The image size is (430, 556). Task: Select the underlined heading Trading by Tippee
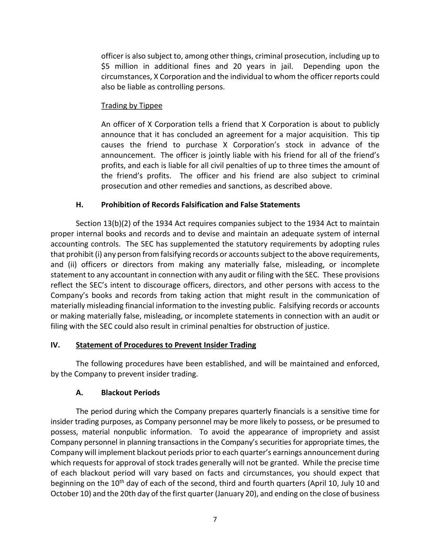click(132, 105)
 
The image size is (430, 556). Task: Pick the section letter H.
click(79, 204)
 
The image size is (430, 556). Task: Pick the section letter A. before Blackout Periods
click(79, 393)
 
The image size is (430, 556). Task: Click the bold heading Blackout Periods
click(130, 393)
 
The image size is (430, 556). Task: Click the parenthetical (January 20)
click(237, 494)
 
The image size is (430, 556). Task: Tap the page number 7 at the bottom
click(215, 519)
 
